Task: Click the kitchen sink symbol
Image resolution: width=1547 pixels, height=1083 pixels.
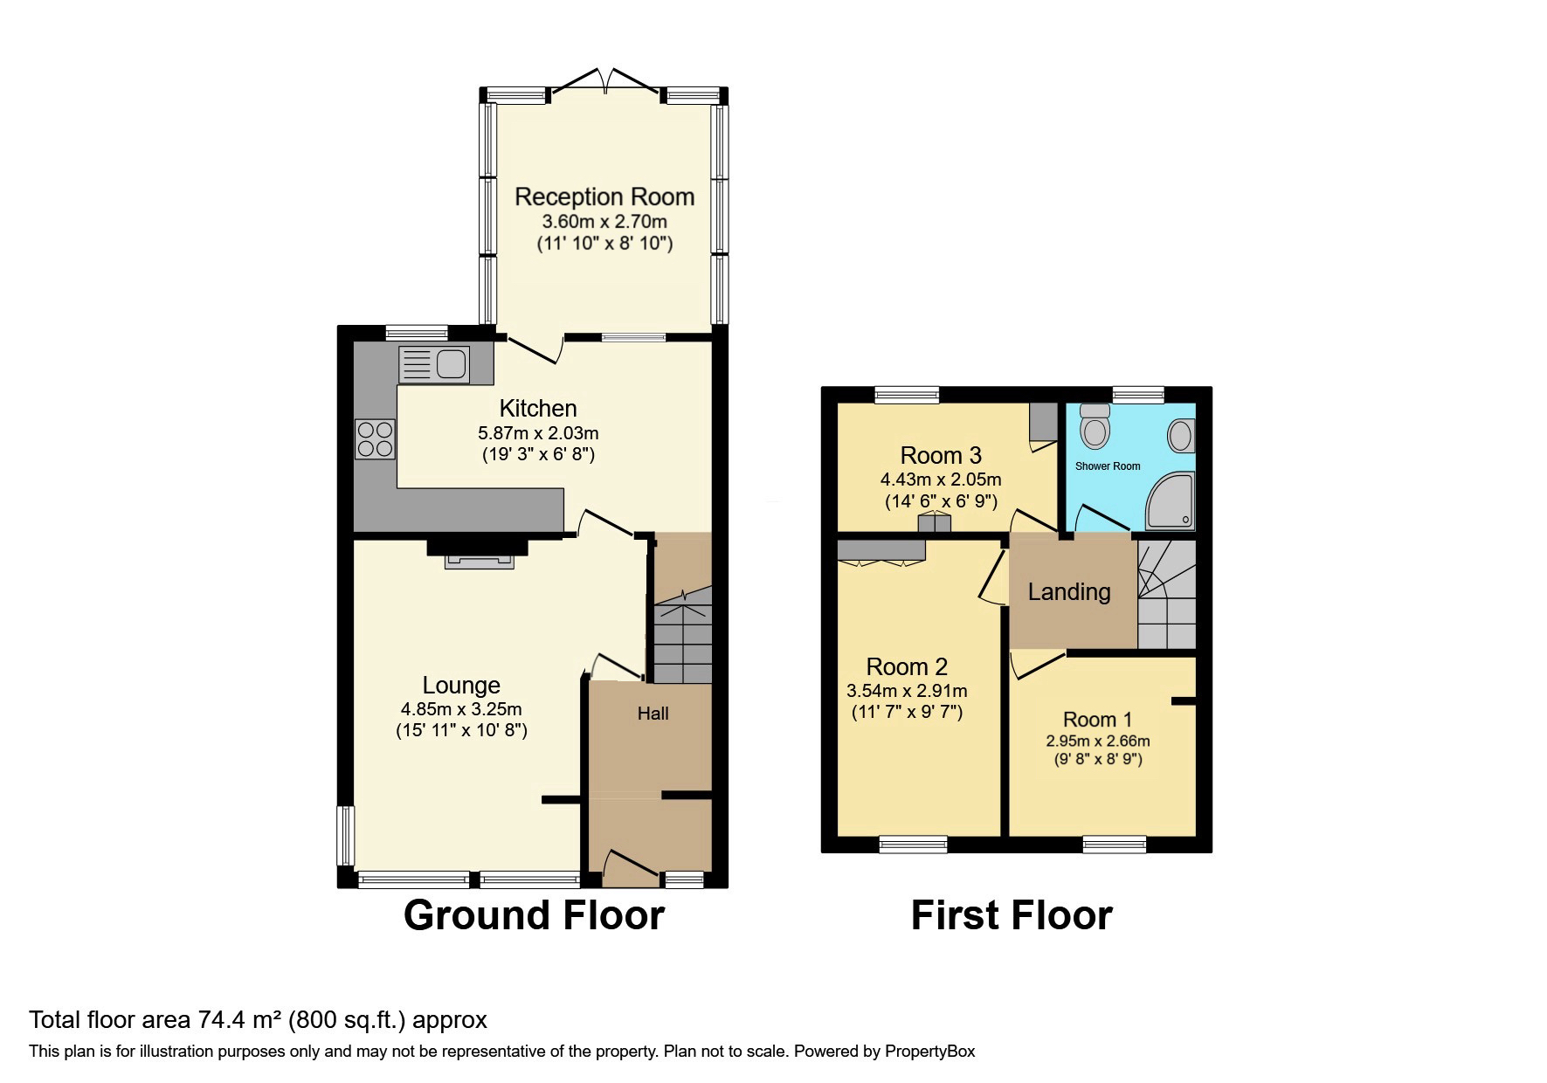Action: tap(434, 363)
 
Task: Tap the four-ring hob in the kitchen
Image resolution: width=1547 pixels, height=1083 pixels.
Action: tap(375, 439)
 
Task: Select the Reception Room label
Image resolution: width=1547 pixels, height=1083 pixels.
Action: tap(604, 197)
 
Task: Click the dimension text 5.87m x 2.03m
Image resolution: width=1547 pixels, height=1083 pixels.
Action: tap(538, 432)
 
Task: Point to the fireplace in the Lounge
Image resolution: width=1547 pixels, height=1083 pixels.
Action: tap(478, 554)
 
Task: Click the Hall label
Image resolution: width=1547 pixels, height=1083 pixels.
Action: tap(653, 714)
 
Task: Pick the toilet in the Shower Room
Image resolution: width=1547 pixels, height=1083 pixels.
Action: tap(1094, 425)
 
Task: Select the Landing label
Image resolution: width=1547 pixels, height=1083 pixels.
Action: tap(1069, 592)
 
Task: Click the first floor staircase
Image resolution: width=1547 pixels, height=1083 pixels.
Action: tap(1166, 594)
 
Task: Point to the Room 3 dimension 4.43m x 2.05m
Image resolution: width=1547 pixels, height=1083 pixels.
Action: tap(941, 479)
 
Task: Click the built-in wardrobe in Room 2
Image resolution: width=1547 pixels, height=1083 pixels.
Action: tap(881, 550)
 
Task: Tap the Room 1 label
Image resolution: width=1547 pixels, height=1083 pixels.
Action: tap(1097, 720)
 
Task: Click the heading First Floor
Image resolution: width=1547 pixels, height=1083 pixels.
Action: tap(1011, 915)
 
